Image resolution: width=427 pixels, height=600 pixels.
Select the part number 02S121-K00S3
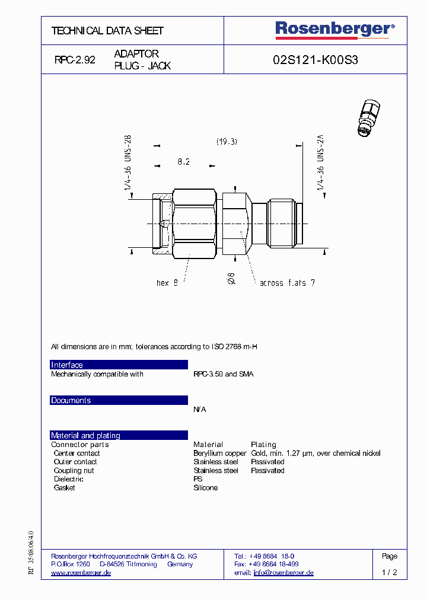(x=315, y=60)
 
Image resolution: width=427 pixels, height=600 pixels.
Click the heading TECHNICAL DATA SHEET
(x=107, y=31)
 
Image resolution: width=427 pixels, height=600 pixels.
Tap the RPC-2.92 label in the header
(x=75, y=60)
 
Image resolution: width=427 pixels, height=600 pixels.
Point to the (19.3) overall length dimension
(x=227, y=142)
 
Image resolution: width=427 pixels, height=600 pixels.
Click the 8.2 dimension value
(x=184, y=161)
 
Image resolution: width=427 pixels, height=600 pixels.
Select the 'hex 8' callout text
(x=167, y=283)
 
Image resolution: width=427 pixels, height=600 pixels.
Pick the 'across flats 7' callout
(x=287, y=283)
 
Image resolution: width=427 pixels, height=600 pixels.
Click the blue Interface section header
(x=119, y=365)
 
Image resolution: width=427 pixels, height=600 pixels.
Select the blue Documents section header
(x=119, y=400)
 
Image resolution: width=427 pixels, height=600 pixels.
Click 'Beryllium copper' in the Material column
(x=219, y=453)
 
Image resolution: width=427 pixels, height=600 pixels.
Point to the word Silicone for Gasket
(x=205, y=487)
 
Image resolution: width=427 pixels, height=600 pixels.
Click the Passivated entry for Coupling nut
(x=267, y=470)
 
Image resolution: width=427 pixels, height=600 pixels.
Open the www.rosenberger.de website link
(x=81, y=573)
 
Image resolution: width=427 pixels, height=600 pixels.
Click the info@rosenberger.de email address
(x=283, y=573)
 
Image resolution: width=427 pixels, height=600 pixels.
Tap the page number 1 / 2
(x=390, y=573)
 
